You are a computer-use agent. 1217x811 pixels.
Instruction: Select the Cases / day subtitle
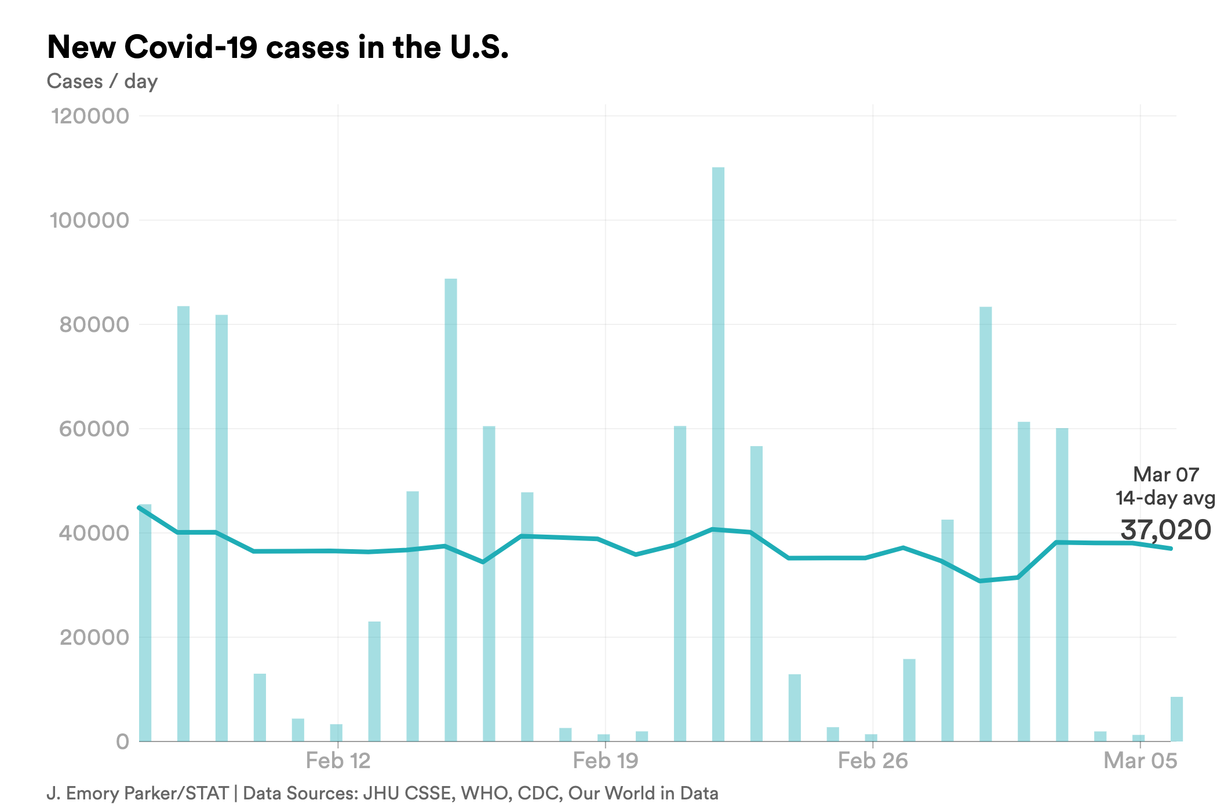tap(102, 82)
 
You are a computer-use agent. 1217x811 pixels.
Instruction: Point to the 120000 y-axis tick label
tap(90, 116)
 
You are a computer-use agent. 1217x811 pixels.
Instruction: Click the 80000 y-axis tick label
tap(94, 324)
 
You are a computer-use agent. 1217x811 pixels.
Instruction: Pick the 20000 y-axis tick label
tap(94, 637)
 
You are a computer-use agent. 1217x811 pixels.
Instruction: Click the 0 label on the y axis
tap(122, 741)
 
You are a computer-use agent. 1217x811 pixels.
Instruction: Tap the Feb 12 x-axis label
tap(338, 761)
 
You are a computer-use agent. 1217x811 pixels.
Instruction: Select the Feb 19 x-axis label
tap(605, 761)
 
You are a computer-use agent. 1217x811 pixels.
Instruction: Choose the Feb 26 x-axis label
tap(873, 761)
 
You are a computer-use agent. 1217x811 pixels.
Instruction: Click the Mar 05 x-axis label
tap(1140, 761)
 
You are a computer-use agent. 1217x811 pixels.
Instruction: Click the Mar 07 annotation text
tap(1165, 474)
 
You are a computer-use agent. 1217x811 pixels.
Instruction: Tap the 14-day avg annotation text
tap(1165, 498)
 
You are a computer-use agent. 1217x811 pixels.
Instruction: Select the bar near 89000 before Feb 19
tap(451, 510)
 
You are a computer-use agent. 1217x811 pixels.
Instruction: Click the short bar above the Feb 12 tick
tap(336, 733)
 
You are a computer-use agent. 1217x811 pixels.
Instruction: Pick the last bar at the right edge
tap(1176, 719)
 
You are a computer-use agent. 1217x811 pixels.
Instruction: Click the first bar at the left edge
tap(145, 623)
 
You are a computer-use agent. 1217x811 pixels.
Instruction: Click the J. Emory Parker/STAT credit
tap(137, 793)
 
